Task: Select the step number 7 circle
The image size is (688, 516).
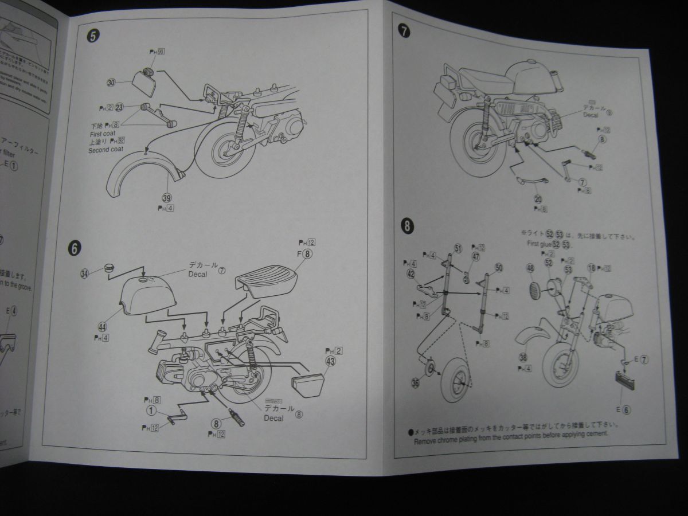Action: pos(405,32)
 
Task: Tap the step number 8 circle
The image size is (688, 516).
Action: pos(406,225)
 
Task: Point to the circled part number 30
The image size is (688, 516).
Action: pos(111,82)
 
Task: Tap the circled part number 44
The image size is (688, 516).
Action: pos(102,326)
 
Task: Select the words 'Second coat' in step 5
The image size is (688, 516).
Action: pos(105,150)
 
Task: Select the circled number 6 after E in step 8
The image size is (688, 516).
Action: pos(627,410)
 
